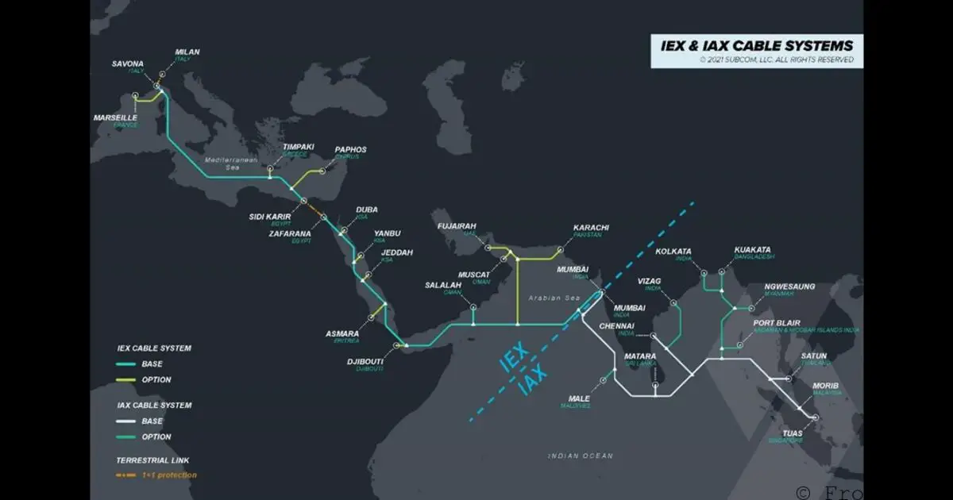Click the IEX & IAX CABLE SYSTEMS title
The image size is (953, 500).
click(x=751, y=45)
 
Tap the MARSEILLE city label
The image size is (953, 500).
click(x=115, y=117)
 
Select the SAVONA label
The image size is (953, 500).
click(x=127, y=63)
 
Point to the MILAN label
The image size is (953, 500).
click(x=187, y=52)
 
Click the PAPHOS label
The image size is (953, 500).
click(x=350, y=149)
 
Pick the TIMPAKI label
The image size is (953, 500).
click(x=299, y=147)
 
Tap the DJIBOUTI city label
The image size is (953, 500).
click(x=365, y=361)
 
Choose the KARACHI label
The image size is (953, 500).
click(x=591, y=228)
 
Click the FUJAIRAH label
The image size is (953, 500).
click(x=457, y=226)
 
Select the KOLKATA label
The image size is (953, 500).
click(x=673, y=252)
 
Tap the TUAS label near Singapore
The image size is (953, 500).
click(x=793, y=433)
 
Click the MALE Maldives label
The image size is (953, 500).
click(x=579, y=398)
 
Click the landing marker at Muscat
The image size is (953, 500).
click(x=504, y=259)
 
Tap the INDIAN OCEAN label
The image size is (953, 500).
click(x=580, y=456)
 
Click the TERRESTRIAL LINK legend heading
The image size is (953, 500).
click(x=152, y=460)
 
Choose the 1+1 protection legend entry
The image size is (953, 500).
click(x=168, y=475)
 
